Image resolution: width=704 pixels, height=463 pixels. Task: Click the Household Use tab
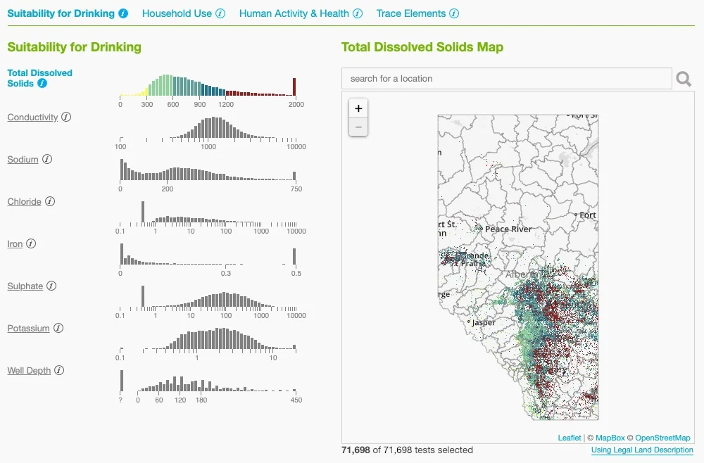pos(177,13)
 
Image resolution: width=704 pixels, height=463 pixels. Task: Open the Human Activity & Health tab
pos(294,13)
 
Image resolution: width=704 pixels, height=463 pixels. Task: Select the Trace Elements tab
pos(411,13)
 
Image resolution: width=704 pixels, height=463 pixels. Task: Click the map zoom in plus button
pos(358,108)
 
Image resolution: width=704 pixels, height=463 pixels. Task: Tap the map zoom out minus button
pos(358,127)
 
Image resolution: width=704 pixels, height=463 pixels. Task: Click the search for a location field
pos(507,79)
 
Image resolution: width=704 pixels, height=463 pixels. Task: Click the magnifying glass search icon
pos(684,79)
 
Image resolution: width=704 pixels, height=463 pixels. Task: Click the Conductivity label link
pos(32,118)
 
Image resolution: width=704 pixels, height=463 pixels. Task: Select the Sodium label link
pos(23,160)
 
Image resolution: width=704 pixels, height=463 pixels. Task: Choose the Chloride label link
pos(25,202)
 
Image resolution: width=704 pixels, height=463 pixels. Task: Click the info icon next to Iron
pos(31,244)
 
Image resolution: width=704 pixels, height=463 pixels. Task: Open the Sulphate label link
pos(25,286)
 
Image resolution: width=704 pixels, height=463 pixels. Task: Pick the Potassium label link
pos(29,329)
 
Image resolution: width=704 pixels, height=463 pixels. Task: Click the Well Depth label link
pos(29,371)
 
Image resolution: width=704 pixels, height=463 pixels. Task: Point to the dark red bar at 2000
pos(294,87)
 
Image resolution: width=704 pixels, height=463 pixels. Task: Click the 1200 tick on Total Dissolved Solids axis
pos(225,104)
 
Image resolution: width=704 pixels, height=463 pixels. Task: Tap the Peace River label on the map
pos(508,229)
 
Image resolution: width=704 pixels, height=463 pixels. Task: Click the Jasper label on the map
pos(484,322)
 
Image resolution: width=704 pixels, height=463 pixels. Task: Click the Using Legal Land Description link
pos(642,450)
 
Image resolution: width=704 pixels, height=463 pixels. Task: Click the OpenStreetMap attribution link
pos(662,438)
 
